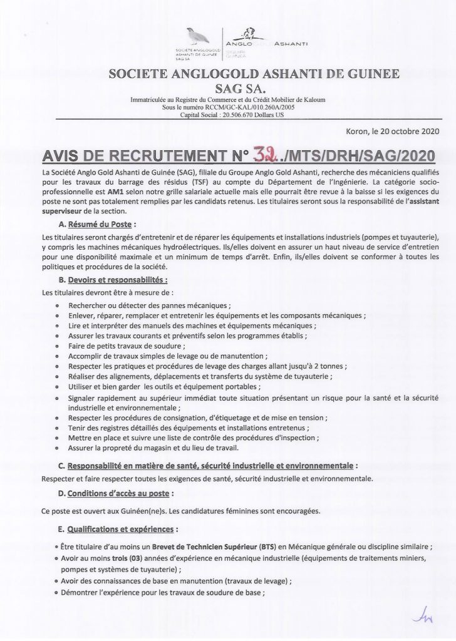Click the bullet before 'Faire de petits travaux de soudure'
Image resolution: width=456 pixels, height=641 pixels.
[x=58, y=345]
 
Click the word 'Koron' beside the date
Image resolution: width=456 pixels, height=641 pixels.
[x=357, y=131]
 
